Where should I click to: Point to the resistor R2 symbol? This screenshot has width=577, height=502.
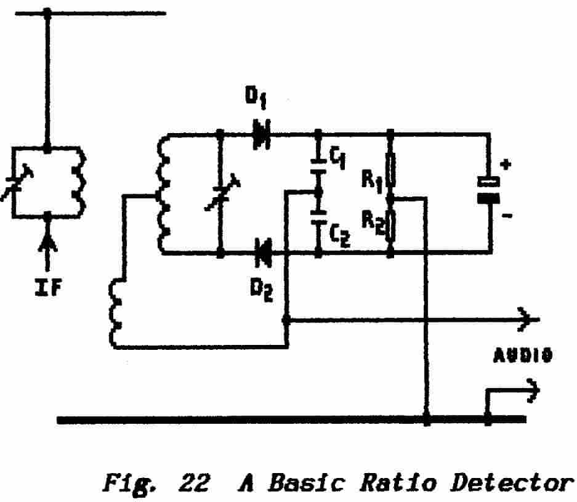(x=390, y=226)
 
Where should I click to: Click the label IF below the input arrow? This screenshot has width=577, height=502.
(x=47, y=287)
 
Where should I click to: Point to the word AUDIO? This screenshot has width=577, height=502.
(x=522, y=355)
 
